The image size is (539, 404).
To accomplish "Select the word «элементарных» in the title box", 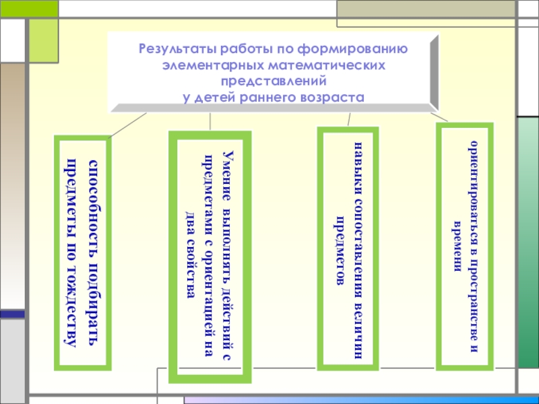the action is point(208,65).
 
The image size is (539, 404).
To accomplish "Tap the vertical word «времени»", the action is point(458,245).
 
